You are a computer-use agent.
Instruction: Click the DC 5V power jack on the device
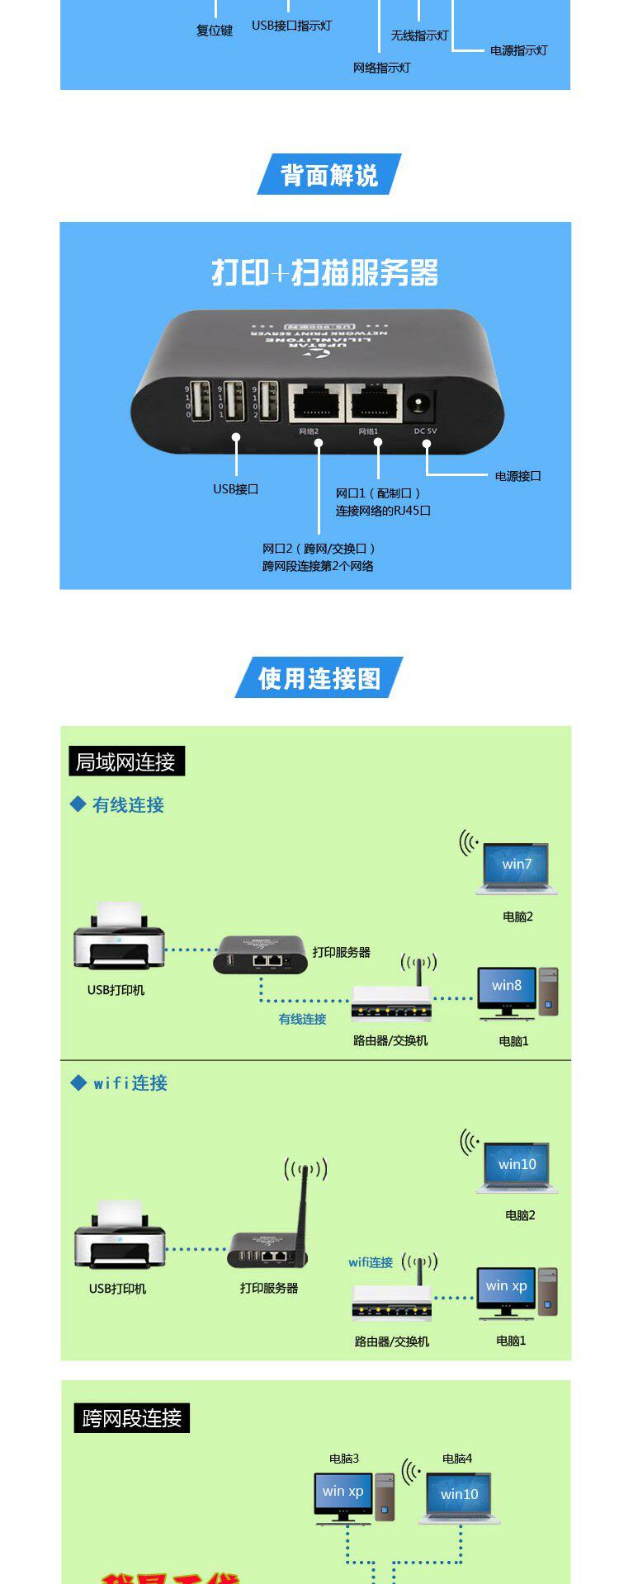point(422,404)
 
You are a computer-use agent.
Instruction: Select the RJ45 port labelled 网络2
point(316,403)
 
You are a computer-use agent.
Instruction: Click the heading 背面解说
point(329,175)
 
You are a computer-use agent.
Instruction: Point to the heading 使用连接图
point(319,678)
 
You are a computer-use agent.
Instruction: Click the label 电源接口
point(517,476)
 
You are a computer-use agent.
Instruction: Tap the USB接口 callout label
point(235,489)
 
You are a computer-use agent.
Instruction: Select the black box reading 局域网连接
point(125,761)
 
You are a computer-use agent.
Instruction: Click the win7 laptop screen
point(517,865)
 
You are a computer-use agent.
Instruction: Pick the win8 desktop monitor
point(506,986)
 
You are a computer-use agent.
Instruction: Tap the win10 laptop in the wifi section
point(517,1164)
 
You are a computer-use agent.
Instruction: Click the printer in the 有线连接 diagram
point(119,936)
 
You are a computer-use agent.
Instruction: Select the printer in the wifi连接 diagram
point(119,1235)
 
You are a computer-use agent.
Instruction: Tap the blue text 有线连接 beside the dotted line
point(302,1020)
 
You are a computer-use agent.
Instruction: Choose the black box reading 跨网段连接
point(131,1418)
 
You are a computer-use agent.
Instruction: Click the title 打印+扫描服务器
point(324,273)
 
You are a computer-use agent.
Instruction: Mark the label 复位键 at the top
point(215,31)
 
